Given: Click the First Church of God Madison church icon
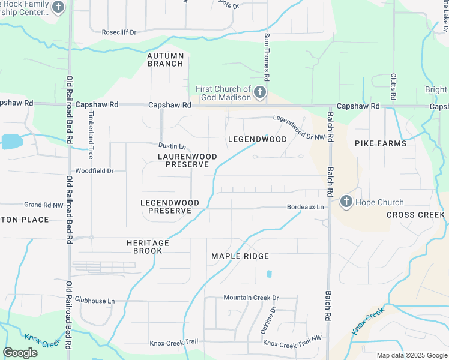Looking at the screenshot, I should (259, 92).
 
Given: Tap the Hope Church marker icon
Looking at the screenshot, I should (346, 202).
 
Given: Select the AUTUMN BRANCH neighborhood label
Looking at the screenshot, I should (165, 59).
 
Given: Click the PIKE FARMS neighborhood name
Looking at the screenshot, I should (381, 143).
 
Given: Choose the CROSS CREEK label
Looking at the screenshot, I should (415, 215).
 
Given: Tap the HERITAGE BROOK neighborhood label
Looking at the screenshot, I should (148, 247).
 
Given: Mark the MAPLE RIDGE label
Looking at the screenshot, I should (238, 256).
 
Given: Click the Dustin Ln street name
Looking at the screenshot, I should (172, 146).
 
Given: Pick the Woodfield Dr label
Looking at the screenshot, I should (94, 171).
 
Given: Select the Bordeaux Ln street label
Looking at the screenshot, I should (305, 207).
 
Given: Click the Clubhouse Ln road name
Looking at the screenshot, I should (94, 301).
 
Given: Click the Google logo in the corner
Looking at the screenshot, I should (20, 353).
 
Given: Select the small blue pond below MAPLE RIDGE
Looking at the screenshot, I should (269, 274).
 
